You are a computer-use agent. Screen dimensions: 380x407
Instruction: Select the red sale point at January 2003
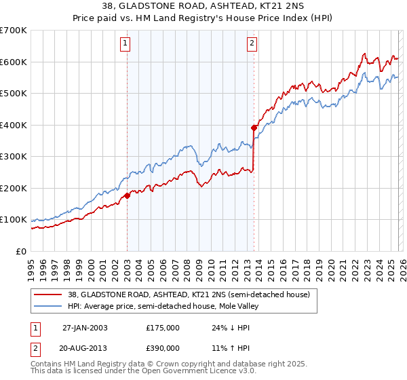click(x=127, y=196)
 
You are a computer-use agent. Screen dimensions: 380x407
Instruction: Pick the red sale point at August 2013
click(x=254, y=128)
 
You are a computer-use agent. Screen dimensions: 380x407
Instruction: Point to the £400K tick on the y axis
click(x=14, y=125)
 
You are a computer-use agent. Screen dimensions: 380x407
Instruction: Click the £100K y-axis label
click(x=14, y=220)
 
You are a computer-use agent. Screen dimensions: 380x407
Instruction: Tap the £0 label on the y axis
click(x=20, y=252)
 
